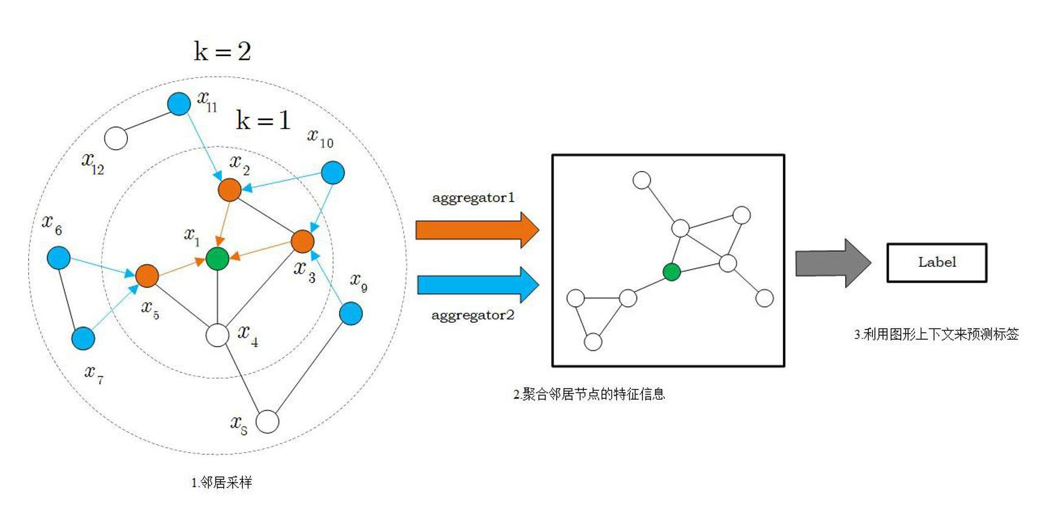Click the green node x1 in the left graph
[x=217, y=258]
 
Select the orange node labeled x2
[x=230, y=190]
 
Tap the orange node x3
[x=302, y=241]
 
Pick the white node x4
[x=217, y=335]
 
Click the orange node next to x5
[x=147, y=275]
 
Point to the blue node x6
[x=58, y=258]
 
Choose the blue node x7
[x=83, y=338]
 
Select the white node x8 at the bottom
[x=267, y=421]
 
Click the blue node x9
[x=351, y=314]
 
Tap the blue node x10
[x=332, y=172]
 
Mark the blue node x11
[x=179, y=104]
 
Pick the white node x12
[x=116, y=138]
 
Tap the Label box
[x=936, y=263]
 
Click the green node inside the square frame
[x=672, y=272]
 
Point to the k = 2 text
[x=222, y=51]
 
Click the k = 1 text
[x=263, y=120]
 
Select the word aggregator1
[x=473, y=197]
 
